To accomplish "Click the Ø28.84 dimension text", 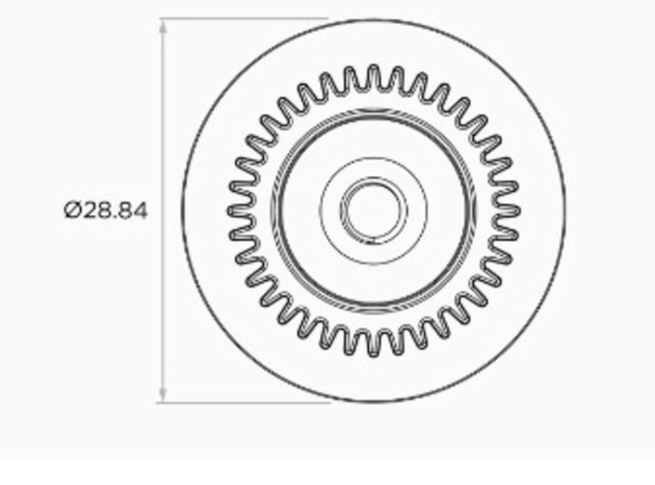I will coord(106,210).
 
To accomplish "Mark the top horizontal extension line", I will coord(242,19).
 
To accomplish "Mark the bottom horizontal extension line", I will coord(242,403).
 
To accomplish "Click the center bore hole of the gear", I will coord(374,210).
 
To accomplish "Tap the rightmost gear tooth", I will coord(512,210).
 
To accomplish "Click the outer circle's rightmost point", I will coord(565,211).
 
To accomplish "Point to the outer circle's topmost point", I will coord(374,19).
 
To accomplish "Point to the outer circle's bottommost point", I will coord(374,402).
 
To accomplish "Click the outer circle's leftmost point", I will coord(182,211).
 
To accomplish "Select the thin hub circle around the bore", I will coord(374,158).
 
